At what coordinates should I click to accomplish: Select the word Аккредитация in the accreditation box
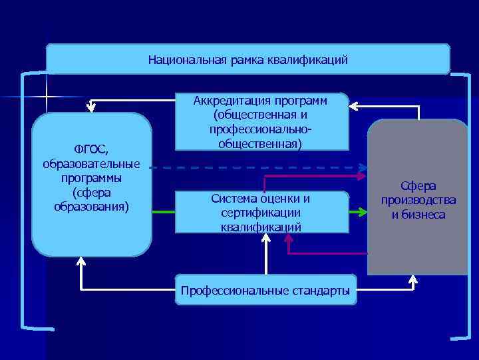(x=228, y=101)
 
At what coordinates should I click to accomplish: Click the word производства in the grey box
(x=418, y=200)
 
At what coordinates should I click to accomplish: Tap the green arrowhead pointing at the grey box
(x=363, y=213)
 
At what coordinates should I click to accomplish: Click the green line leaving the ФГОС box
(x=163, y=213)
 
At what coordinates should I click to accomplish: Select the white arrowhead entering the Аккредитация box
(x=353, y=105)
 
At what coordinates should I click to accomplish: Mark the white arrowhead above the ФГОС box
(x=92, y=105)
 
